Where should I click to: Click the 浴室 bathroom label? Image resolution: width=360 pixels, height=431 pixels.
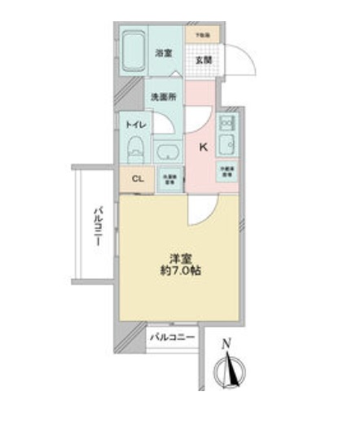[163, 54]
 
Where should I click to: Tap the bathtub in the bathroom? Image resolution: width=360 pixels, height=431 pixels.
[132, 54]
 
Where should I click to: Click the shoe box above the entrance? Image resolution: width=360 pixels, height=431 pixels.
[202, 36]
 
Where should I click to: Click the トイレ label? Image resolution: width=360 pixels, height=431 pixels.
[134, 124]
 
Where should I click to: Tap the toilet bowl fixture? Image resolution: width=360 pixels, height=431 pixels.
[135, 152]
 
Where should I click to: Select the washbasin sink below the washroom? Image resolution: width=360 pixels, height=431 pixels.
[169, 152]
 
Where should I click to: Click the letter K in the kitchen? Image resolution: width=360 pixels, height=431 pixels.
[204, 147]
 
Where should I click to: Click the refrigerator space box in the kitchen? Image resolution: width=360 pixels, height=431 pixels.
[226, 171]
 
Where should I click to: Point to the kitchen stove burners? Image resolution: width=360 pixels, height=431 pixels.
[226, 125]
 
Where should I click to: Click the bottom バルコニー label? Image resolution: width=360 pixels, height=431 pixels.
[174, 336]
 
